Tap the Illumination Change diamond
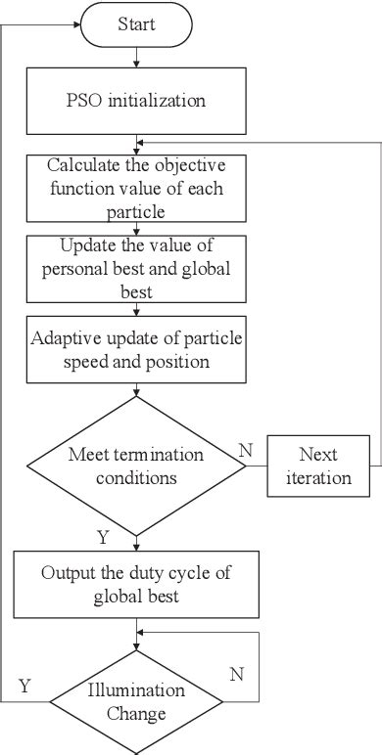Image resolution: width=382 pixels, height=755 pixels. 135,701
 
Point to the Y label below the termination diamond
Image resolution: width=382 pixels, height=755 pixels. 103,538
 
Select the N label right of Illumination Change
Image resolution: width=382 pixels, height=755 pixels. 235,675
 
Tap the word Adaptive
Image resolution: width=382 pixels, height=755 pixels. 65,340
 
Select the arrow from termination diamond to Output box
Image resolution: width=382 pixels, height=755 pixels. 135,538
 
